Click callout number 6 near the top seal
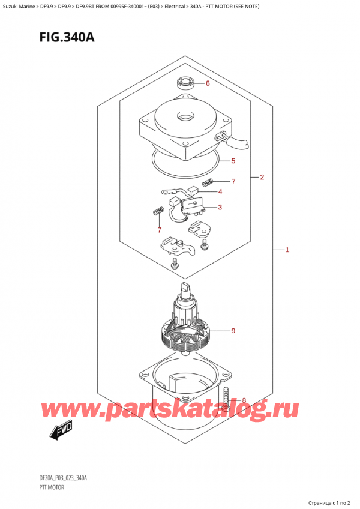pos(208,83)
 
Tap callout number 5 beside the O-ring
pos(232,161)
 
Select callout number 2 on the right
pos(262,177)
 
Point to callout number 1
pos(287,250)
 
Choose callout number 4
pos(220,192)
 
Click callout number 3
pos(220,208)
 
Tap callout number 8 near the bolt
pos(243,400)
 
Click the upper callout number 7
pos(233,181)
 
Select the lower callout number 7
pos(159,230)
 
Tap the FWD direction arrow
pos(57,430)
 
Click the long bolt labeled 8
pos(226,397)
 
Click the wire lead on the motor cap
pos(239,142)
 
